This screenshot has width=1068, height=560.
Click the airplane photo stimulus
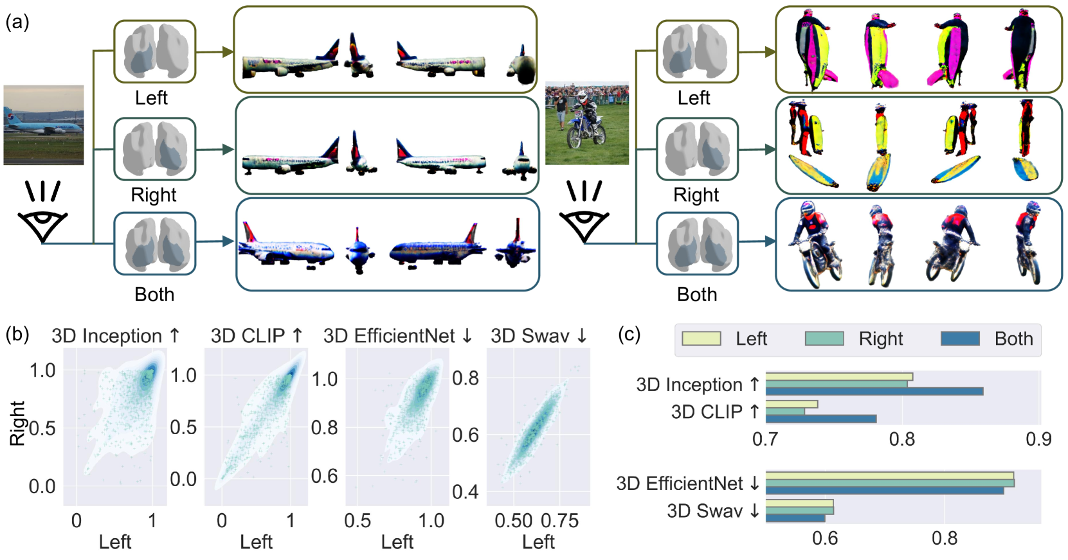point(44,125)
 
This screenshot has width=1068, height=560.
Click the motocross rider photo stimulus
point(586,123)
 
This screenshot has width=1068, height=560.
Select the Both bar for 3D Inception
point(874,391)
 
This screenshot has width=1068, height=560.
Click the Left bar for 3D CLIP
point(792,405)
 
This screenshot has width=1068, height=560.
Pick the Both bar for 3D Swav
point(795,518)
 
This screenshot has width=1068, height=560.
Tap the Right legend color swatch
point(824,338)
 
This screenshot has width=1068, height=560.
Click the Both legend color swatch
point(960,338)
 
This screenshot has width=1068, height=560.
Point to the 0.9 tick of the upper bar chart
point(1038,439)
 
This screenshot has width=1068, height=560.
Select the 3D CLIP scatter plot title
point(256,336)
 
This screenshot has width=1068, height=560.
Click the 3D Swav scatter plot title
point(539,336)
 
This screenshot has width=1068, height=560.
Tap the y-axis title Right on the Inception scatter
point(17,424)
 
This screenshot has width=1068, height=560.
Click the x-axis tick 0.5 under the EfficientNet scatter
point(358,521)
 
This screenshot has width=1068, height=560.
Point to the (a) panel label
point(17,22)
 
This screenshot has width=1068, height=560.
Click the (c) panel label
point(629,334)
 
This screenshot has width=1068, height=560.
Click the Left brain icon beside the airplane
point(155,52)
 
